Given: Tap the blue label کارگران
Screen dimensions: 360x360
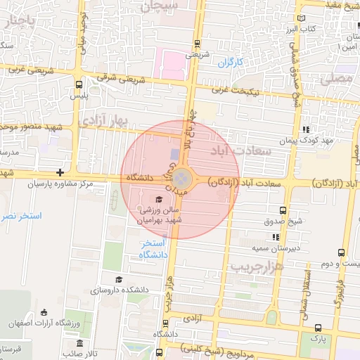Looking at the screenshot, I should click(x=229, y=63).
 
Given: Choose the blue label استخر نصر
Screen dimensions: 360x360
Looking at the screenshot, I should click(x=21, y=216).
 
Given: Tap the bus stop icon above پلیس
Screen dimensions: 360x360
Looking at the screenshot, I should click(x=78, y=84).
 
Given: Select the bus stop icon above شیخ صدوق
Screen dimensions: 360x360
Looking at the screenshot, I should click(x=283, y=210).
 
